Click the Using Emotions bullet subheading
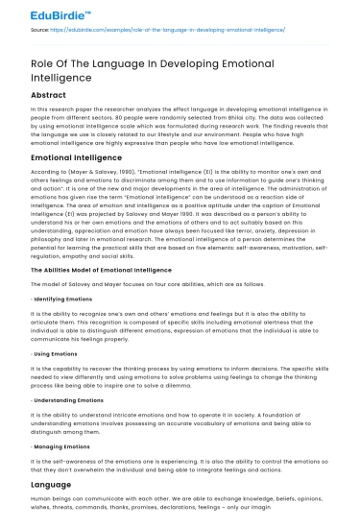pos(58,351)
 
